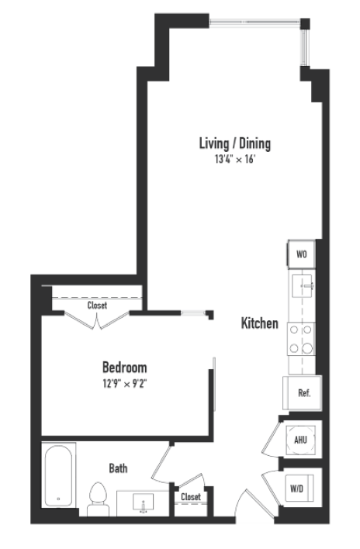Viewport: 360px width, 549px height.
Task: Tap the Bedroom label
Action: [x=124, y=367]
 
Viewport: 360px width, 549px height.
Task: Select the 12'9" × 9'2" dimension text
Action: [x=124, y=382]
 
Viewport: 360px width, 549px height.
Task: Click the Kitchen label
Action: [x=259, y=323]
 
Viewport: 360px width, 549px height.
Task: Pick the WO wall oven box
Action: [x=301, y=254]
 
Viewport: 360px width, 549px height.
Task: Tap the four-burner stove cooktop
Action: [x=300, y=338]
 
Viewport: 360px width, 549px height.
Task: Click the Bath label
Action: [x=118, y=468]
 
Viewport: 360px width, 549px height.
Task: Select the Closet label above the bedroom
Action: [x=97, y=306]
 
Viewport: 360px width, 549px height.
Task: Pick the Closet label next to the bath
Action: [x=190, y=497]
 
